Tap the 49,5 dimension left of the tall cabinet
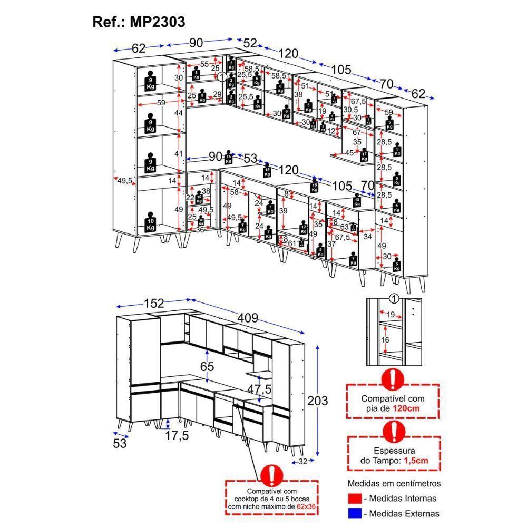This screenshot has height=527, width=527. [124, 181]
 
